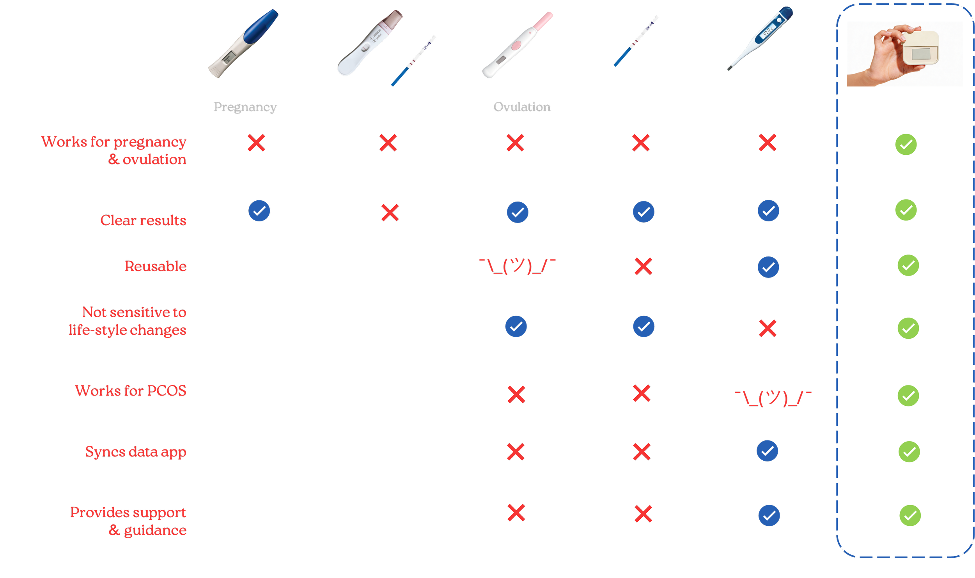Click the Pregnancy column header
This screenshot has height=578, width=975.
[x=245, y=107]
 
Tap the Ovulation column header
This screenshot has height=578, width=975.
[x=522, y=107]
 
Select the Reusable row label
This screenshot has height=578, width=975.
[x=155, y=266]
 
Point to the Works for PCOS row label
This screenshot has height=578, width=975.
[x=131, y=391]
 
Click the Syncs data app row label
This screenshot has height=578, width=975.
[x=135, y=452]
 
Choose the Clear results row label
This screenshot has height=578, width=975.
[x=143, y=220]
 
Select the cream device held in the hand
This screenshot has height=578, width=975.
[x=920, y=51]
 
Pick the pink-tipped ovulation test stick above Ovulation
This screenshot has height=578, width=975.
[x=517, y=45]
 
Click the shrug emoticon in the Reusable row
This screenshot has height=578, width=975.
[x=518, y=267]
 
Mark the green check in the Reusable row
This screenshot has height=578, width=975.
[x=908, y=265]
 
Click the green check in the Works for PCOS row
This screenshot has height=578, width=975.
[x=908, y=396]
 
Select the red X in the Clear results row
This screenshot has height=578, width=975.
[x=390, y=213]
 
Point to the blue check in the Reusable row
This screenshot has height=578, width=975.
[x=768, y=267]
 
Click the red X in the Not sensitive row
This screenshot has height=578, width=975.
[x=768, y=328]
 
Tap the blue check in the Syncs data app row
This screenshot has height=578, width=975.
[x=767, y=451]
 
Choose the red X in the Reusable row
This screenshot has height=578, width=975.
[x=643, y=267]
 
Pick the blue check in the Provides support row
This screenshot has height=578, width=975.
[x=769, y=516]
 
